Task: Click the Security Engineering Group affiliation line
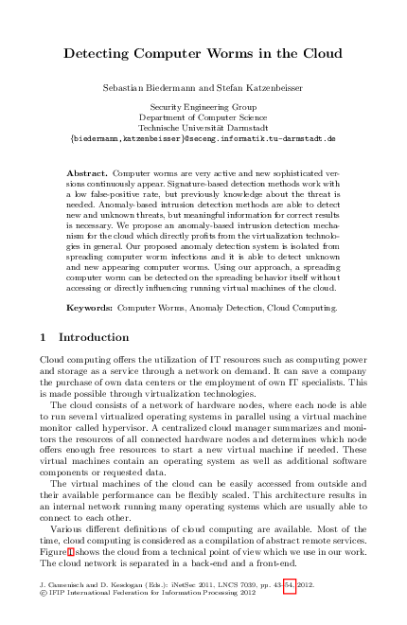[203, 107]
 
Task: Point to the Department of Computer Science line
[203, 117]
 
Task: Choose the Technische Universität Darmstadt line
[203, 127]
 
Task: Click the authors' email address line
[203, 138]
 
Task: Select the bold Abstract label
[88, 174]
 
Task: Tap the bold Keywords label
[90, 309]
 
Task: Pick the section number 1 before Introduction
[44, 337]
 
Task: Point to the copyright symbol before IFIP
[44, 597]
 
